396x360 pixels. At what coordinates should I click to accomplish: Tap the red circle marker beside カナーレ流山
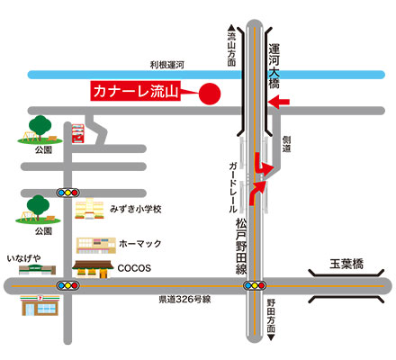coord(209,93)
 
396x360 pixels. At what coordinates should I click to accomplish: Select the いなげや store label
coord(24,258)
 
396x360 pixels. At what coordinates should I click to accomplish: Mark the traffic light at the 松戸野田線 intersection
coord(253,286)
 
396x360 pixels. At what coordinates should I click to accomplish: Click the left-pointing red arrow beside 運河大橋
coord(279,104)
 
